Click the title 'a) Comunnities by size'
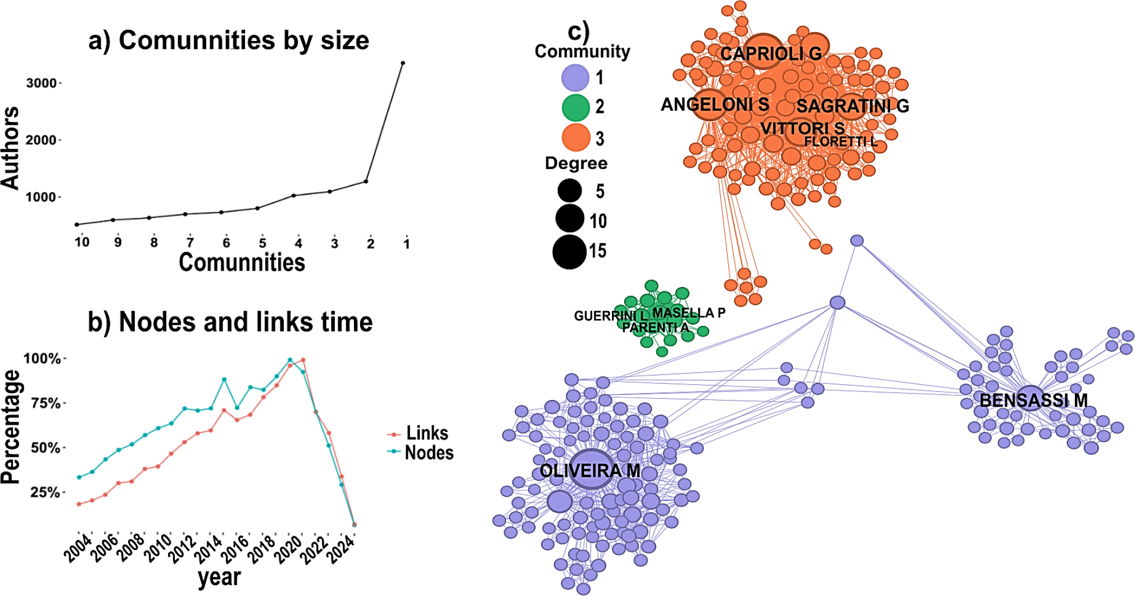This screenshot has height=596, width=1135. click(229, 40)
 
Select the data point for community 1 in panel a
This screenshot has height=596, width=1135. click(403, 63)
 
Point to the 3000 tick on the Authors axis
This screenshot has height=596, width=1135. click(42, 83)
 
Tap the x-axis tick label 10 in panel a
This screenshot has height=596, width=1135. click(82, 242)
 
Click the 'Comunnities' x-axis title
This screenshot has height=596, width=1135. click(242, 262)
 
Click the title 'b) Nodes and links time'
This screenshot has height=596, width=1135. click(230, 322)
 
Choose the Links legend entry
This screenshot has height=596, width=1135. click(426, 433)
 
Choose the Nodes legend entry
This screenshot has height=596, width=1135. click(428, 453)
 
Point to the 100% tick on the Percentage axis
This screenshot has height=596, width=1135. click(42, 358)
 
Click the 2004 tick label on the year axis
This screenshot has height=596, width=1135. click(78, 548)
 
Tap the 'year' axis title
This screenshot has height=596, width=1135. click(219, 577)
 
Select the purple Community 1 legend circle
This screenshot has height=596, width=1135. click(575, 78)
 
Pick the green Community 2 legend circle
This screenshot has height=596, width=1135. click(575, 107)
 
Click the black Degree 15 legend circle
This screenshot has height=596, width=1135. click(570, 252)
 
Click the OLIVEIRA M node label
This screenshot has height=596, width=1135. click(590, 471)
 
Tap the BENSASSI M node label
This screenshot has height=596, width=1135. click(1033, 401)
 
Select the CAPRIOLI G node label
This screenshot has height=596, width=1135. click(771, 54)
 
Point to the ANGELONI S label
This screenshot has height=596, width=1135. click(715, 104)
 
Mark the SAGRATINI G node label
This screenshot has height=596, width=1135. click(852, 106)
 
